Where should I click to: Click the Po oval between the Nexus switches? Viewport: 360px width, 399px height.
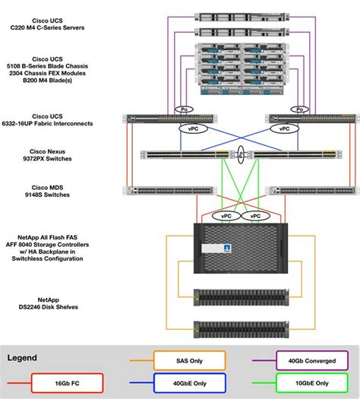239,154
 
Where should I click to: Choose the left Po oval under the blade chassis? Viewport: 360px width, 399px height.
183,109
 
